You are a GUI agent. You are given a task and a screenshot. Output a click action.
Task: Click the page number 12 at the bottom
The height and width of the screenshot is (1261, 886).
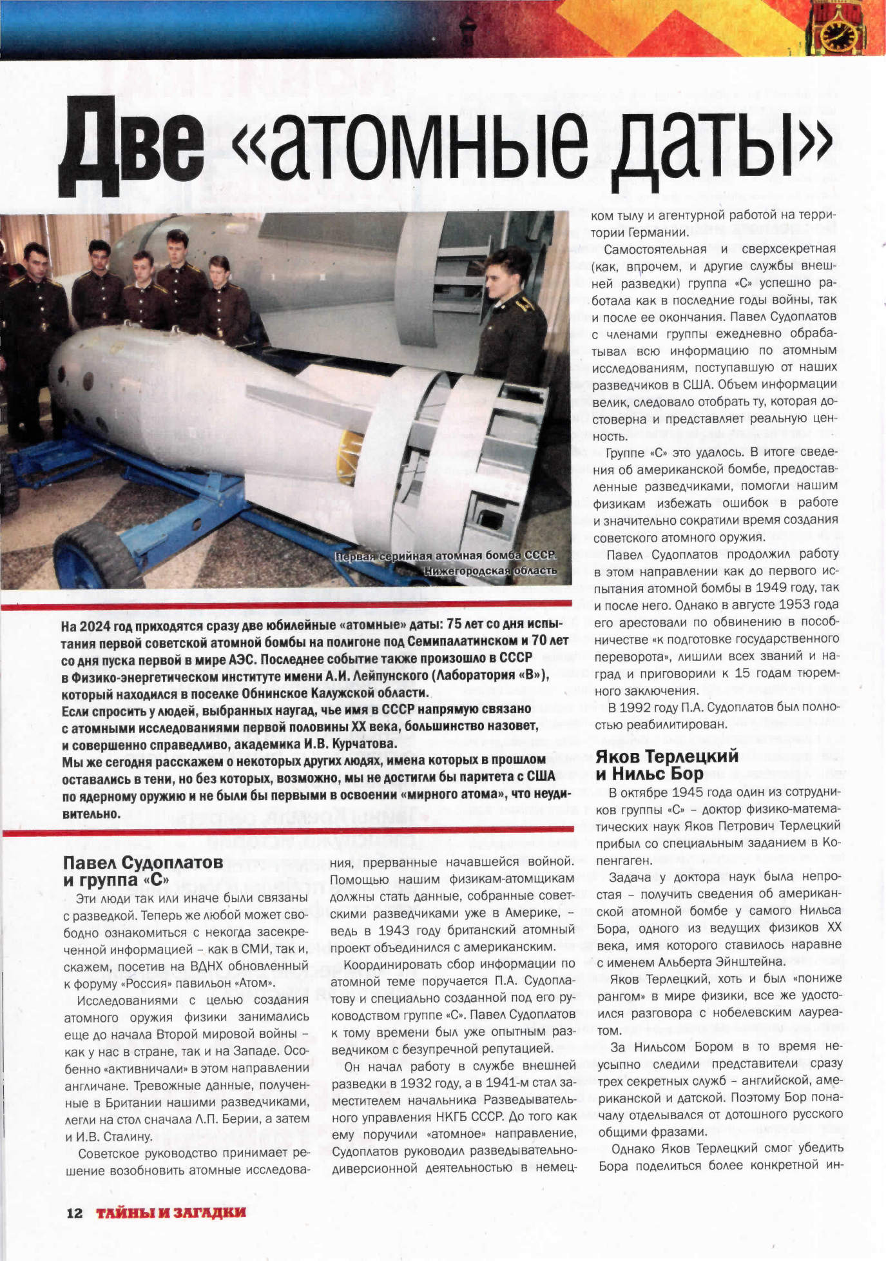[x=75, y=1213]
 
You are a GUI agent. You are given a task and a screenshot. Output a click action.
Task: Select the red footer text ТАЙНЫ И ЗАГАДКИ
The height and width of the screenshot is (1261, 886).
[x=171, y=1213]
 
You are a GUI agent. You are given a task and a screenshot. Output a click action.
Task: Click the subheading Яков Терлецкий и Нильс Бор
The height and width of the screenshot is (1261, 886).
[x=667, y=765]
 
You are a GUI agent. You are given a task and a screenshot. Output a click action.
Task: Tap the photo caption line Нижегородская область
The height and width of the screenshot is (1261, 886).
[x=490, y=571]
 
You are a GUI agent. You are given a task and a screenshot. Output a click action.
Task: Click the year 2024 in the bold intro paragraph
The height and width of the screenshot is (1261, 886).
[x=94, y=626]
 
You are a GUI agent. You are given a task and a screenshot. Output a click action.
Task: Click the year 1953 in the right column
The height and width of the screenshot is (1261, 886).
[x=799, y=605]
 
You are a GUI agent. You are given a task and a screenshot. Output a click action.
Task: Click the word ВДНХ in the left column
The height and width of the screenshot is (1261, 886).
[x=206, y=966]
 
